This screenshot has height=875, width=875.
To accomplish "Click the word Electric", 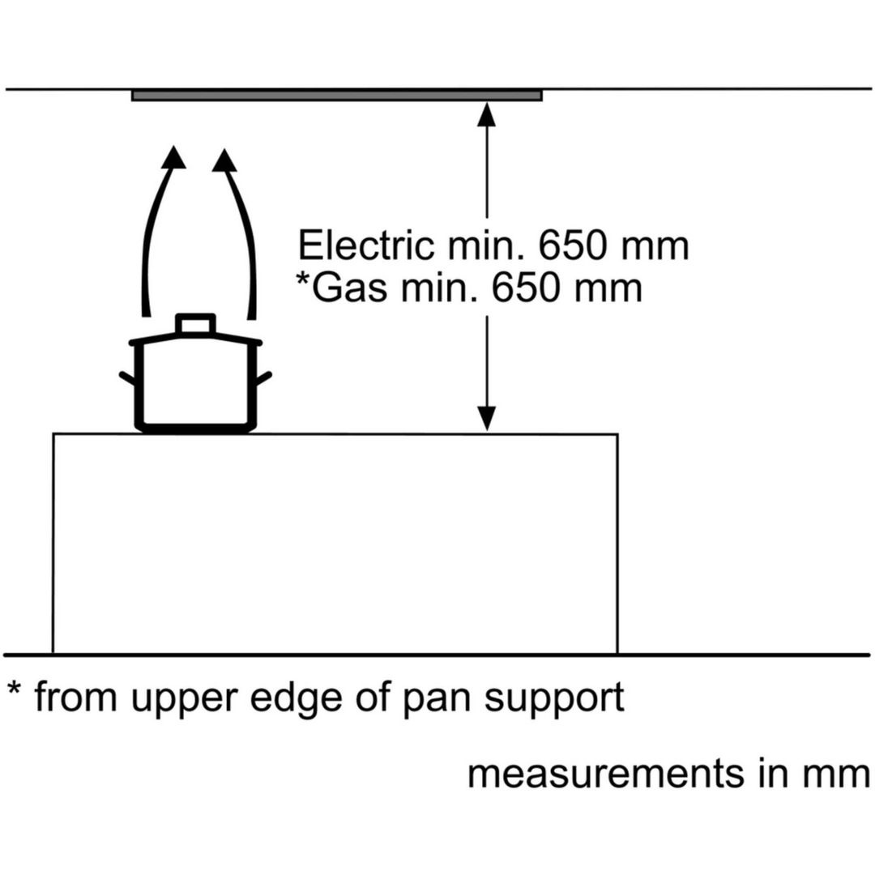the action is (x=365, y=245).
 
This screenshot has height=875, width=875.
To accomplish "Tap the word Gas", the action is (x=348, y=288).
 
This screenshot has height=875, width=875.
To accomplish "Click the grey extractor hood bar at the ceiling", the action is (x=336, y=96).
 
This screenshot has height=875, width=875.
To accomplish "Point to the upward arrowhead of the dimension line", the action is (x=487, y=114).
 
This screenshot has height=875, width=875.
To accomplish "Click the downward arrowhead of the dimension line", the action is (x=487, y=419).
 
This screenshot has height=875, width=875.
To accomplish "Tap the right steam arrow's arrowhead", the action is (x=225, y=160).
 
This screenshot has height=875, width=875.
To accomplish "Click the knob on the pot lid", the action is (x=195, y=323).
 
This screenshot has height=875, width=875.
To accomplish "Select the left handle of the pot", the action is (x=128, y=378).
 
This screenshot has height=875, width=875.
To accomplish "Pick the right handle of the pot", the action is (x=263, y=378).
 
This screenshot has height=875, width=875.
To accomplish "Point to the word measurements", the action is (x=605, y=774).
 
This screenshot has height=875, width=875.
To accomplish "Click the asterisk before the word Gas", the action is (x=302, y=277).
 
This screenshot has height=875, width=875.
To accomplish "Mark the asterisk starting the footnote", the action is (x=14, y=688).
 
